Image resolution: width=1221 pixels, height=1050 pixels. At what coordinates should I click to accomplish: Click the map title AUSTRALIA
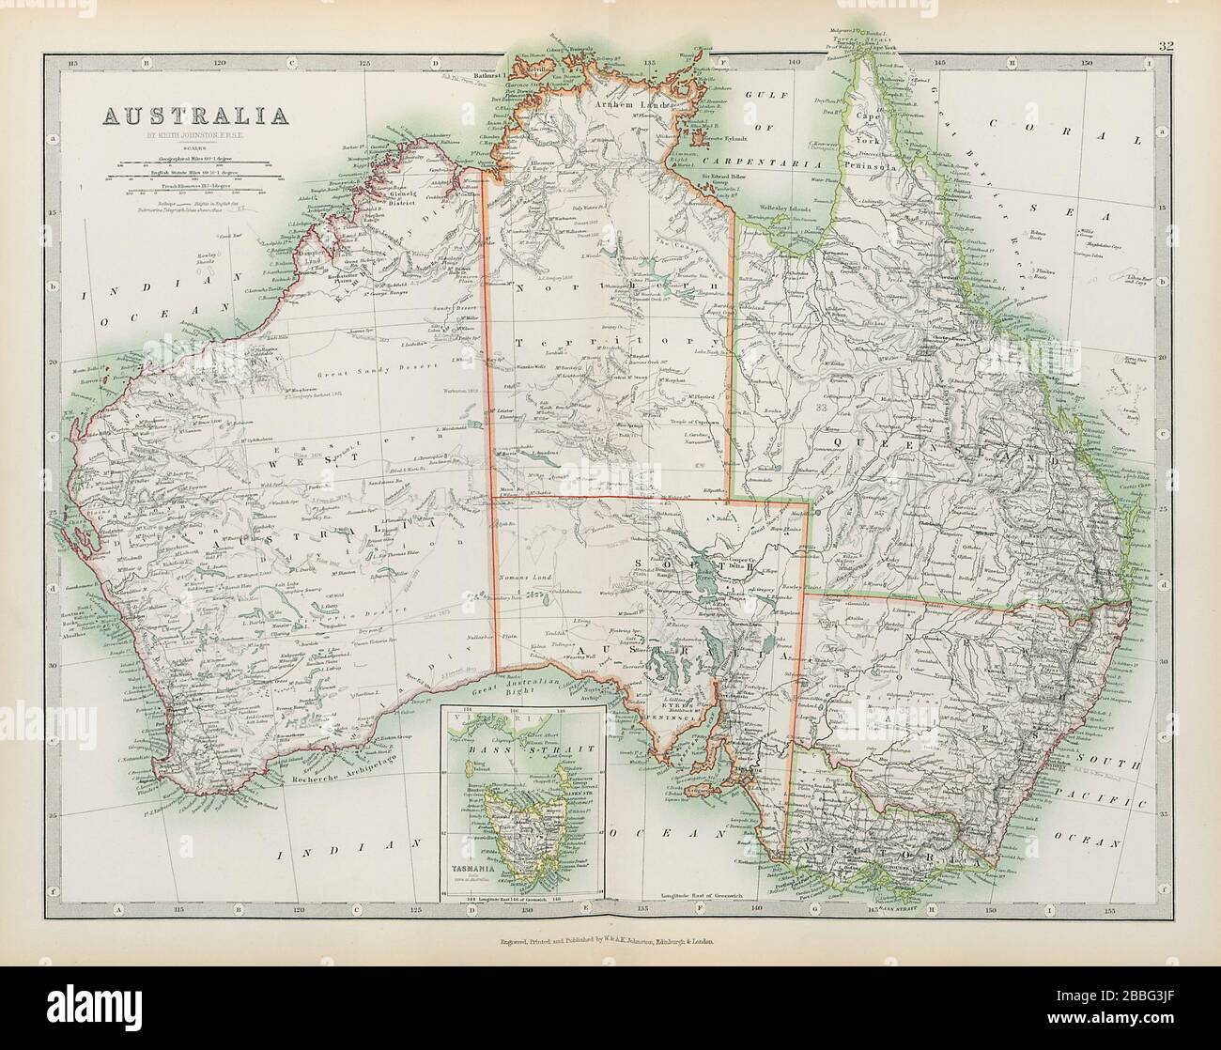pos(194,116)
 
